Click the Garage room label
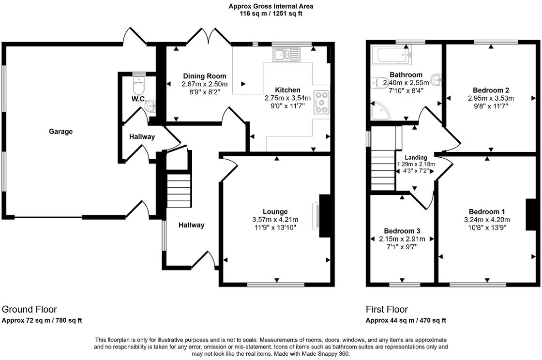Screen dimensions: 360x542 pyautogui.click(x=60, y=131)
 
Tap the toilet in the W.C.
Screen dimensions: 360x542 pyautogui.click(x=139, y=88)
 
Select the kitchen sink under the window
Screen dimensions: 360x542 pyautogui.click(x=286, y=55)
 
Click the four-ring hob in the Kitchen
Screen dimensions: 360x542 pyautogui.click(x=321, y=102)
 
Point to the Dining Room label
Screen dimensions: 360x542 pyautogui.click(x=204, y=76)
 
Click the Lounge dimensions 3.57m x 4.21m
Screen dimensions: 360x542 pyautogui.click(x=275, y=219)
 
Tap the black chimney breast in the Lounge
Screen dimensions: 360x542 pyautogui.click(x=325, y=215)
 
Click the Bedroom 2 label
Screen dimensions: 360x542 pyautogui.click(x=491, y=90)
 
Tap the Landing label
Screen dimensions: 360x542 pyautogui.click(x=416, y=158)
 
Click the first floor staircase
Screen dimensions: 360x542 pyautogui.click(x=383, y=169)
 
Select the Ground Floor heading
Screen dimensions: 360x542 pyautogui.click(x=30, y=309)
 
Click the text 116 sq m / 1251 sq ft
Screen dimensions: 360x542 pyautogui.click(x=271, y=14)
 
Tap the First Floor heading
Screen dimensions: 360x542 pyautogui.click(x=387, y=309)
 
